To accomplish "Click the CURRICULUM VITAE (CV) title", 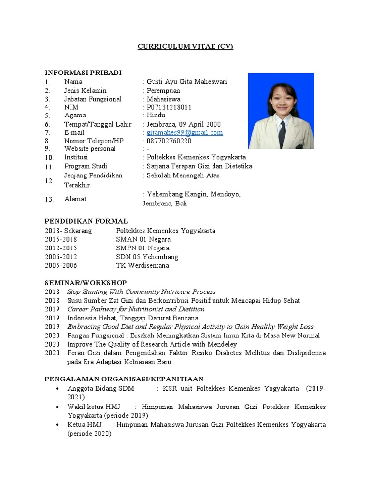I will [185, 47].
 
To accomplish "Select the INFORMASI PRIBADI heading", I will [83, 73].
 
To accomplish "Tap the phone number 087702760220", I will [169, 141].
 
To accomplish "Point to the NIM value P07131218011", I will [169, 107].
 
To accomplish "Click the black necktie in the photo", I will [282, 134].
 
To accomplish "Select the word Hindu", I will [156, 116].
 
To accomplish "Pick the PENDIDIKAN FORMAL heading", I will [86, 221].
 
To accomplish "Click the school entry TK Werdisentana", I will [143, 265].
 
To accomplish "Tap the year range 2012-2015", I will [61, 248].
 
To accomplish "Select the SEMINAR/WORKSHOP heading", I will [86, 283].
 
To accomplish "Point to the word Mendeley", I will [221, 344].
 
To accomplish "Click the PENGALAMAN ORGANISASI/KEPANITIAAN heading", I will [124, 379].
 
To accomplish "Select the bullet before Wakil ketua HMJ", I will [58, 407].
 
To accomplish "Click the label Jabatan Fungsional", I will [93, 99].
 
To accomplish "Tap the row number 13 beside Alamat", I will [48, 199].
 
